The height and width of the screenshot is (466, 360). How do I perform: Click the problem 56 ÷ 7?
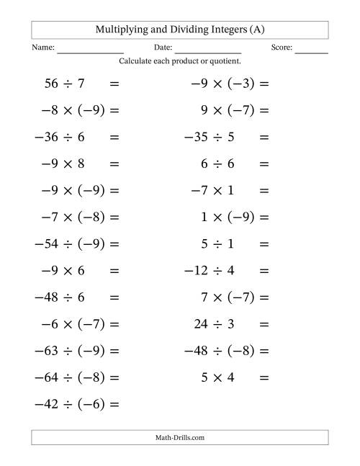(64, 84)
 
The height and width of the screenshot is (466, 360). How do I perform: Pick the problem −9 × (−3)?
(222, 84)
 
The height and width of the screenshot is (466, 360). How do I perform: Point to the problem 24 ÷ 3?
(214, 324)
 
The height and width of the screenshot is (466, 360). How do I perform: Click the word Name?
(42, 48)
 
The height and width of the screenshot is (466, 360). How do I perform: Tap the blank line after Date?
(207, 51)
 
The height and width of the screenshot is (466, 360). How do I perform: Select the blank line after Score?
(311, 51)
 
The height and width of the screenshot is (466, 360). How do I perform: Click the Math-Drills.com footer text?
(180, 437)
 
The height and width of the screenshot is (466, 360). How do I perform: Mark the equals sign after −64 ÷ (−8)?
(113, 377)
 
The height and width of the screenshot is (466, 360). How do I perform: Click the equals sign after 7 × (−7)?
(264, 297)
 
